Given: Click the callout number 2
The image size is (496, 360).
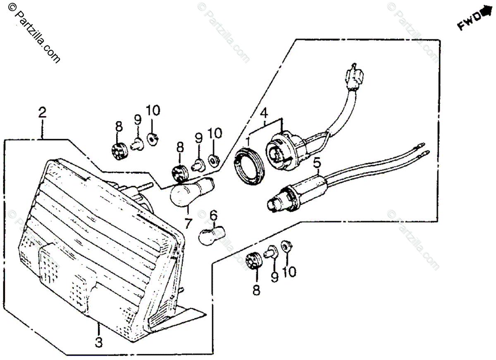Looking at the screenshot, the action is (x=42, y=112).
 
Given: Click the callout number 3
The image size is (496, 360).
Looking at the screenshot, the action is (x=99, y=342).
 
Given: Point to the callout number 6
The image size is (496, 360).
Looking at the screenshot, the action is (x=213, y=215).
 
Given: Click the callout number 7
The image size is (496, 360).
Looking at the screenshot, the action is (x=188, y=223).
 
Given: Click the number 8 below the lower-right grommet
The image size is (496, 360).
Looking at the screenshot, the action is (x=256, y=291).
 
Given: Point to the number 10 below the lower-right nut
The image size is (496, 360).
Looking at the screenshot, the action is (x=289, y=272).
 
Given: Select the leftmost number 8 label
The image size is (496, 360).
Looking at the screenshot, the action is (x=119, y=127).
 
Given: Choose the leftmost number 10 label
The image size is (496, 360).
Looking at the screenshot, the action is (x=153, y=111).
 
